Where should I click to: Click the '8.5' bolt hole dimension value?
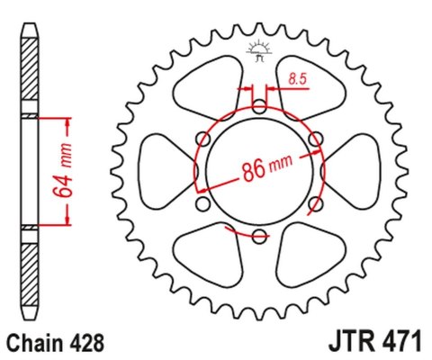(x=297, y=81)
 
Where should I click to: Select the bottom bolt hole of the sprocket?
(x=259, y=237)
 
